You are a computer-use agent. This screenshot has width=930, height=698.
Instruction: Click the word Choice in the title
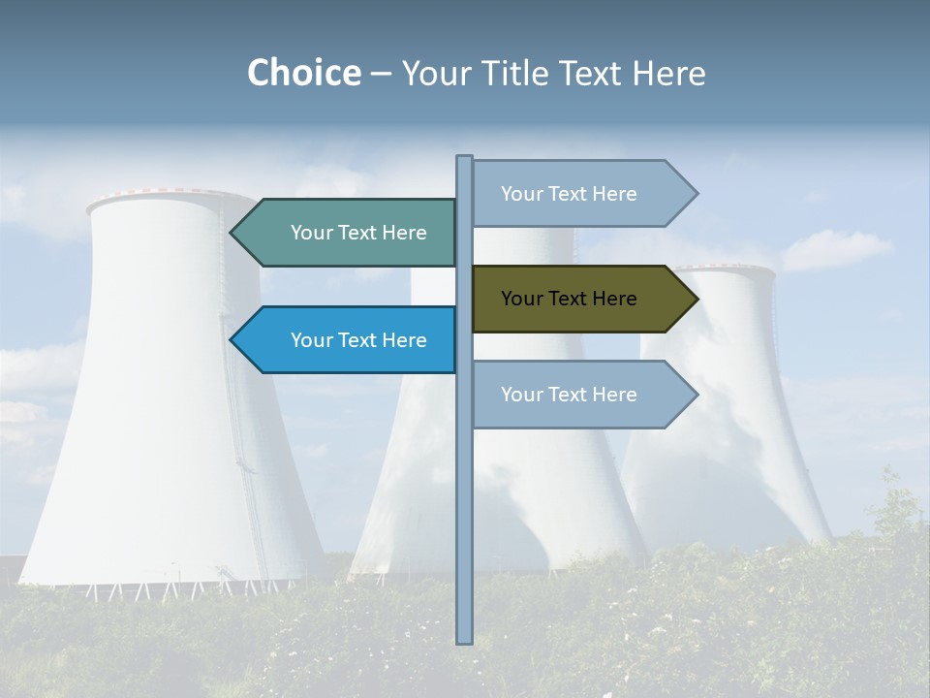coord(303,73)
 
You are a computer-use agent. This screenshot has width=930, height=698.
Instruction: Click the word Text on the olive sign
coord(569,299)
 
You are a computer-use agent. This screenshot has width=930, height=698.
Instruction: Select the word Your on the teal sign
coord(311,233)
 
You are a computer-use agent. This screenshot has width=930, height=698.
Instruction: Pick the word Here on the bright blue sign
coord(404,340)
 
